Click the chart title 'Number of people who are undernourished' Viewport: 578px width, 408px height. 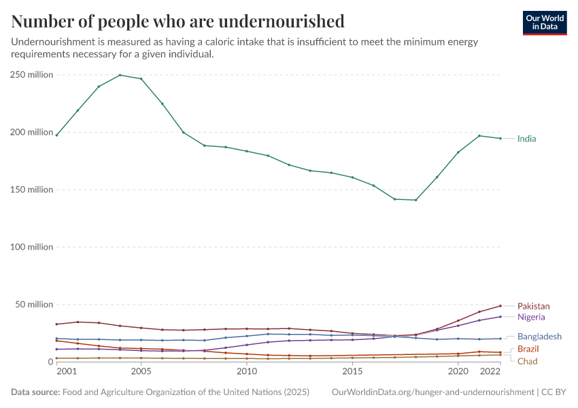(177, 21)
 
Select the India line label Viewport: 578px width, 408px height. (526, 139)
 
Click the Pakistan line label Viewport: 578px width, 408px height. (533, 306)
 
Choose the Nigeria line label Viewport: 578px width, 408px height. (530, 317)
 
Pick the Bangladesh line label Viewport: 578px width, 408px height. (539, 337)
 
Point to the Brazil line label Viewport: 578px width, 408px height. (528, 349)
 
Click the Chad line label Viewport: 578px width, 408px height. (527, 361)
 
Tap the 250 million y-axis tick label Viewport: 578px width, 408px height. (31, 75)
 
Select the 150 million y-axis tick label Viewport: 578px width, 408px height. (31, 190)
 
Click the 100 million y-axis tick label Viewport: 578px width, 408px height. (31, 247)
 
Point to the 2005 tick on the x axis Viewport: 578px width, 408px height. (141, 372)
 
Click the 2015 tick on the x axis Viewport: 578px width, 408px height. (352, 372)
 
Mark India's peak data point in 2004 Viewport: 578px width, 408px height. (120, 75)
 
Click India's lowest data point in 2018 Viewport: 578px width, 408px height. (415, 200)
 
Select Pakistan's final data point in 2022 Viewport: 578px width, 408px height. (500, 305)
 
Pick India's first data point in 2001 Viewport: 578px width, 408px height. (56, 135)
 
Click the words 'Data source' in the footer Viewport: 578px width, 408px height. (35, 392)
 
